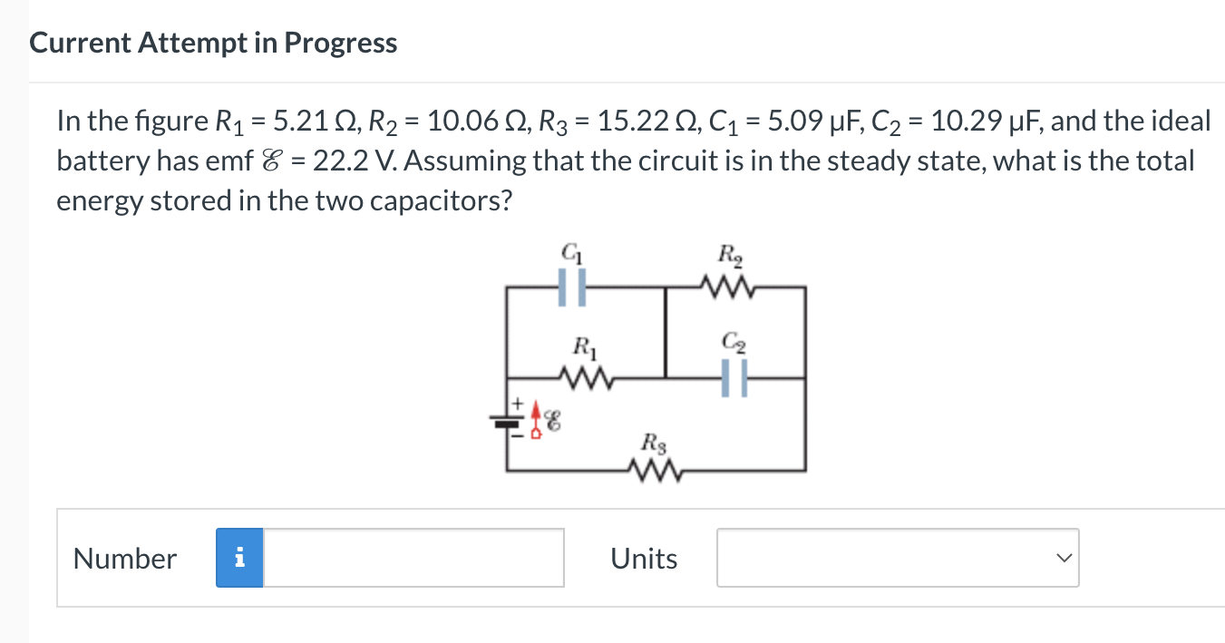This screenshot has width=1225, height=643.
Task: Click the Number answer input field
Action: tap(413, 558)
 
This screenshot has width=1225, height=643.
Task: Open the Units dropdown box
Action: tap(898, 558)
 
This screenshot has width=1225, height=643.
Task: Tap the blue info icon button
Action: tap(239, 558)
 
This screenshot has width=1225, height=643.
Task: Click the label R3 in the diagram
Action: tap(651, 443)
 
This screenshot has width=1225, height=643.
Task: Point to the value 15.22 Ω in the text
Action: tap(624, 121)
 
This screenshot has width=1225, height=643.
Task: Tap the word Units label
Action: tap(644, 559)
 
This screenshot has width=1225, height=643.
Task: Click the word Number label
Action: tap(125, 559)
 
